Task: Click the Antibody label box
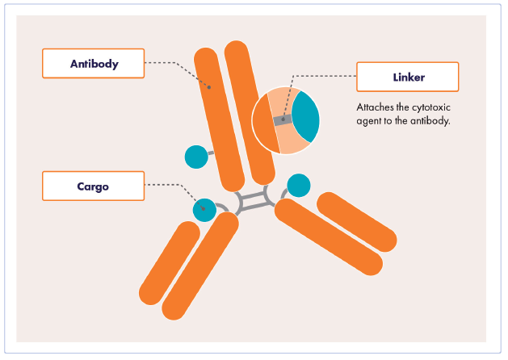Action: [x=93, y=64]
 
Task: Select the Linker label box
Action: [x=407, y=77]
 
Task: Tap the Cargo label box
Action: [x=93, y=186]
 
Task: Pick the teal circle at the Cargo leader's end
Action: [x=205, y=210]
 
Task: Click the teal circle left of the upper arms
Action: [x=196, y=157]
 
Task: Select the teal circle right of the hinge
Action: [x=299, y=186]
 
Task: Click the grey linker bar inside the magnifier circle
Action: [x=282, y=121]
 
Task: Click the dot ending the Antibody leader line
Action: [x=210, y=88]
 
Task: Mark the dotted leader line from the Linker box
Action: [x=323, y=77]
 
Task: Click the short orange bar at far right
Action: [x=356, y=220]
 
